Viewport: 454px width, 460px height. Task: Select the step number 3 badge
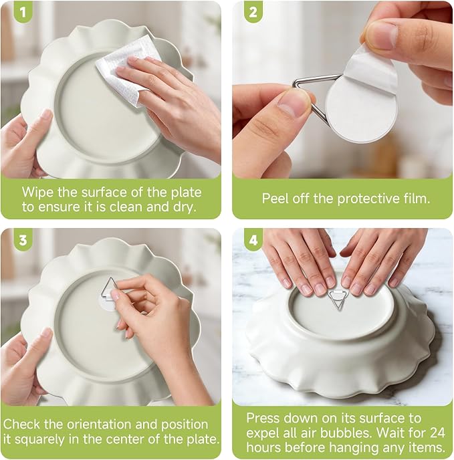click(23, 240)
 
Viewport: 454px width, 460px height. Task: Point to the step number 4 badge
click(253, 240)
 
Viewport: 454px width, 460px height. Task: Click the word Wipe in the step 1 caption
click(38, 193)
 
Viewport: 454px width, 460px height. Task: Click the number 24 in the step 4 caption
click(436, 433)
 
